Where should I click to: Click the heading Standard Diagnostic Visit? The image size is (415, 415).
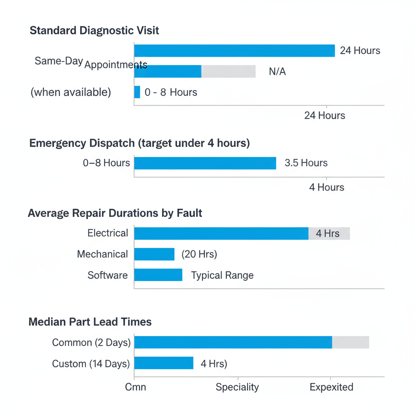click(94, 30)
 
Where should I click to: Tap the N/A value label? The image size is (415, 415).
click(277, 72)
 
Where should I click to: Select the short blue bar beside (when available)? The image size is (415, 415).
click(137, 92)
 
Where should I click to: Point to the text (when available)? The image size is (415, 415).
click(71, 92)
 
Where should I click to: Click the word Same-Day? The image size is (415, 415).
click(59, 61)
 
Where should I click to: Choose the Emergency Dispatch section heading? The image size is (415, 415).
click(139, 143)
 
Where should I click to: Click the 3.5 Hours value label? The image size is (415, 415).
click(306, 163)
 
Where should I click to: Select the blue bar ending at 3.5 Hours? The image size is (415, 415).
click(205, 163)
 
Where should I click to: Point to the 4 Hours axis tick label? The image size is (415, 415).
click(327, 187)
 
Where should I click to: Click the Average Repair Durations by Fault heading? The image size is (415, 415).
click(115, 213)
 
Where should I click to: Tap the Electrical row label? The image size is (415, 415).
click(108, 233)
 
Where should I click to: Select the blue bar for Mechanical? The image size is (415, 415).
click(154, 255)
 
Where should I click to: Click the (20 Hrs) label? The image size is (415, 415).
click(199, 255)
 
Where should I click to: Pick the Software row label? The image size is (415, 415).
click(107, 276)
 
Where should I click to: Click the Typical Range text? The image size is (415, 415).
click(222, 276)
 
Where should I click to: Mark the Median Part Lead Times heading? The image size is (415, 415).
click(90, 322)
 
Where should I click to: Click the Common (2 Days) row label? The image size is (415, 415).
click(91, 343)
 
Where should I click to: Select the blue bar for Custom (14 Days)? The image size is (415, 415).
click(164, 363)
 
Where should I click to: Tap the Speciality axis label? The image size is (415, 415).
click(237, 387)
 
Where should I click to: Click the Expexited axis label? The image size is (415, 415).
click(331, 387)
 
